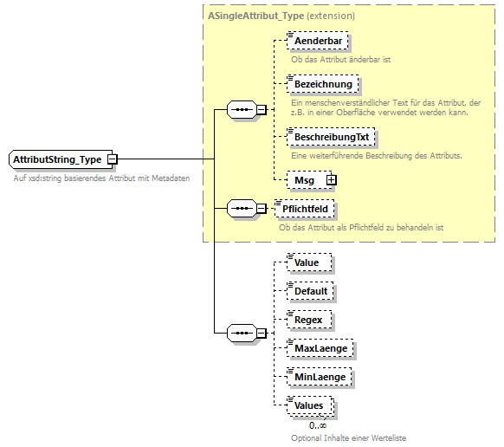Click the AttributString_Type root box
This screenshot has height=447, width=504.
(x=56, y=159)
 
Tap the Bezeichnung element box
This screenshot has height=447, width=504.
(x=322, y=84)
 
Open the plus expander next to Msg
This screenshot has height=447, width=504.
(x=330, y=180)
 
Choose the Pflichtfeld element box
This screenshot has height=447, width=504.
(x=303, y=208)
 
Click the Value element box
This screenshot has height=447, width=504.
(x=306, y=262)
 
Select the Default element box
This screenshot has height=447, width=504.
(x=310, y=291)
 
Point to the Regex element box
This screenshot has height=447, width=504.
(x=307, y=320)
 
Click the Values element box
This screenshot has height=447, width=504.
(x=308, y=405)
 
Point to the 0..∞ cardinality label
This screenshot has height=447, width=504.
(x=317, y=425)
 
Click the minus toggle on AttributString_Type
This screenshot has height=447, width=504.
(x=112, y=159)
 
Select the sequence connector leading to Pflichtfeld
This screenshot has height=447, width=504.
(x=237, y=208)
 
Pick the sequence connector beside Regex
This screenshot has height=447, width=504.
(x=237, y=333)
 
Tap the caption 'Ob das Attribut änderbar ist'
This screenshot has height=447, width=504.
(x=340, y=59)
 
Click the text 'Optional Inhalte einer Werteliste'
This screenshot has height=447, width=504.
(x=347, y=437)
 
